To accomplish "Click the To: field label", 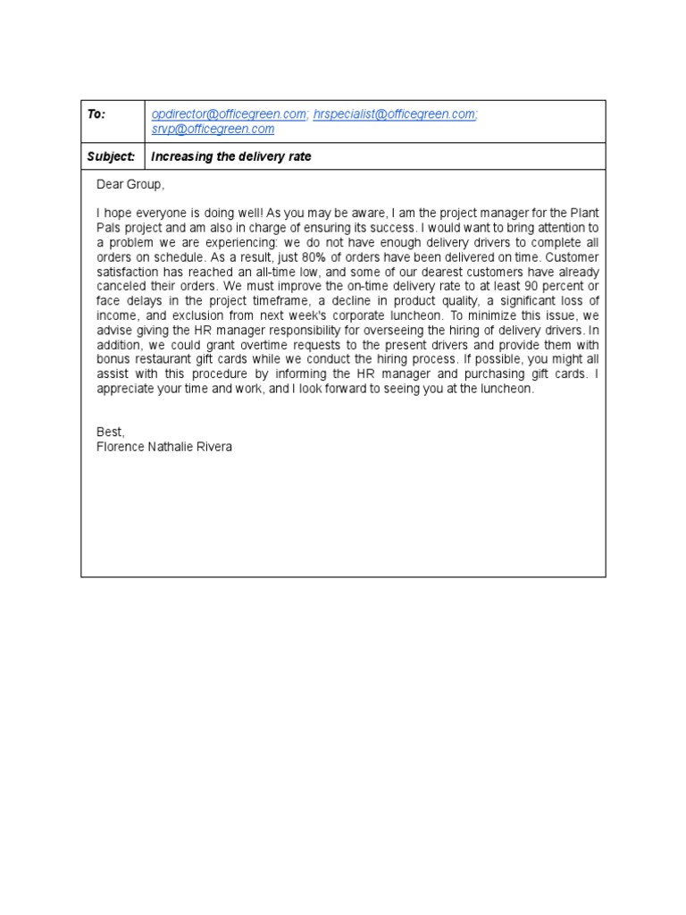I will [96, 114].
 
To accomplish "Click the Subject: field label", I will [111, 156].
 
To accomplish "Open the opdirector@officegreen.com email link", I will [230, 114].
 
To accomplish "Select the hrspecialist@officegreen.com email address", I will [395, 114].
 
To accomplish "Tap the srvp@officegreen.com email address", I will [213, 129].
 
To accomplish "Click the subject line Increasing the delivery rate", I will [231, 156].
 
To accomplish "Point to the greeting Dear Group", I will [130, 185].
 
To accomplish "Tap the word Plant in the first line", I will [584, 214].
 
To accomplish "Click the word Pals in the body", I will [109, 228].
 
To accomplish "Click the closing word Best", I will [111, 432].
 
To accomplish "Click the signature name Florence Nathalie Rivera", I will [163, 447].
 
